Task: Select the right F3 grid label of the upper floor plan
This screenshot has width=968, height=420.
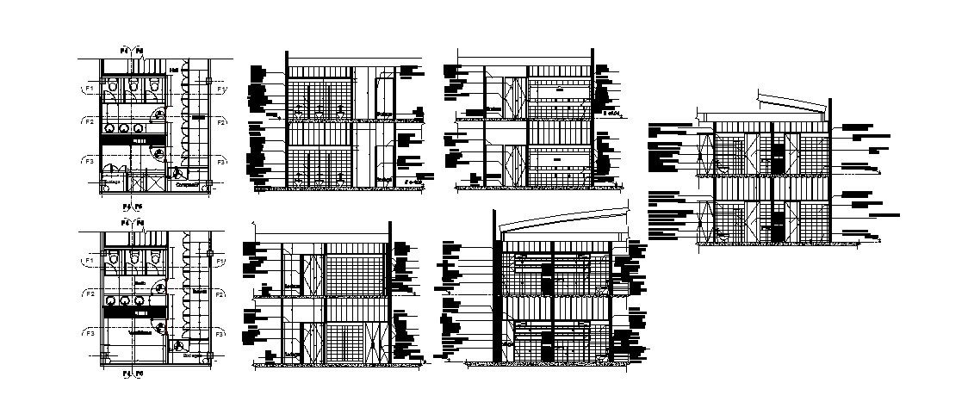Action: (220, 161)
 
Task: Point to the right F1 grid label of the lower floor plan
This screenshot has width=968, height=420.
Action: (220, 260)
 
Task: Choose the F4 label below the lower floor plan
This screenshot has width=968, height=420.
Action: (126, 374)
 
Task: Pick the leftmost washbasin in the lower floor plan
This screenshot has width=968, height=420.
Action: (110, 300)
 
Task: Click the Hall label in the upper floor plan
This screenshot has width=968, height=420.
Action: (174, 70)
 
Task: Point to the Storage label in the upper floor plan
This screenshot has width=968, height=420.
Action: (111, 183)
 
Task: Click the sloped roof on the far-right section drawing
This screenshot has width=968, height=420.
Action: (788, 104)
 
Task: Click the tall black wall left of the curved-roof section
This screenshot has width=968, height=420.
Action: (494, 284)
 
